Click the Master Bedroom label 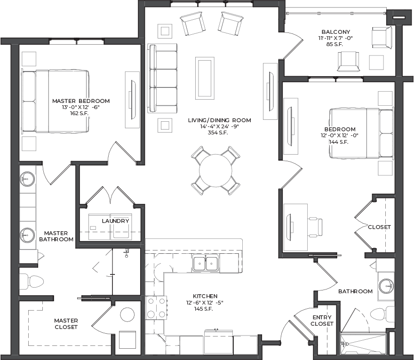81,101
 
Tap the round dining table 215,171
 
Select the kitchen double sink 206,263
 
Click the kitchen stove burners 156,307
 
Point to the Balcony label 335,32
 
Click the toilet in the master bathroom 32,281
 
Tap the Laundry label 115,221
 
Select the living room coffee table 205,78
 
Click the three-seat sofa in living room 162,78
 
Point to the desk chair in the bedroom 315,227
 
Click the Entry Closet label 322,321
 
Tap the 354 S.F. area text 218,133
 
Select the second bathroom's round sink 386,286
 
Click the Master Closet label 66,324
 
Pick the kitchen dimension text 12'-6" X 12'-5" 205,303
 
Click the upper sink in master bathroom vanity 27,179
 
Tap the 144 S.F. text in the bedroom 339,142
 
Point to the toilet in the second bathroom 382,314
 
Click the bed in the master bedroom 55,101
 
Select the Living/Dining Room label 219,120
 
